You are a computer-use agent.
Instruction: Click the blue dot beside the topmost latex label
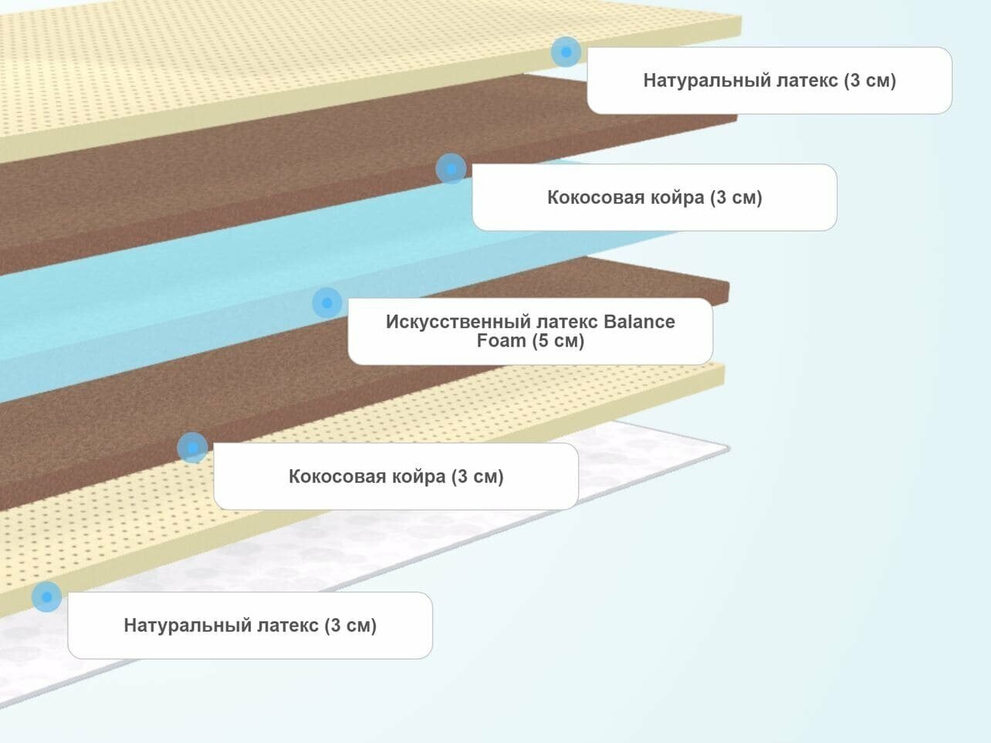(566, 52)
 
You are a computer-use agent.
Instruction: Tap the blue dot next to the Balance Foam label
(327, 302)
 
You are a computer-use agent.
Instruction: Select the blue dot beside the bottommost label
(46, 596)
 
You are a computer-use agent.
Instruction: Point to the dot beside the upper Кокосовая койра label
(451, 168)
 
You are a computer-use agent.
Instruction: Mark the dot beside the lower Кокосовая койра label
(192, 447)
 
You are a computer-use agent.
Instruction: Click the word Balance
(639, 322)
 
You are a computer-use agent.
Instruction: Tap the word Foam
(501, 341)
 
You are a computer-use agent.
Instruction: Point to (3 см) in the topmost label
(869, 80)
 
